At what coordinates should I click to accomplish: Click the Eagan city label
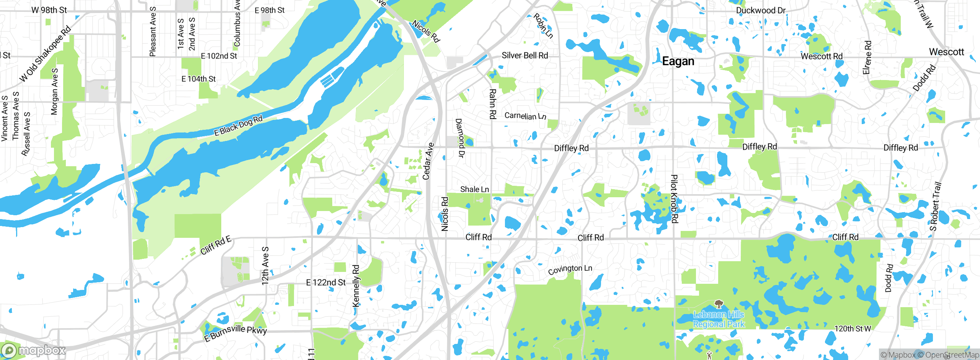click(678, 61)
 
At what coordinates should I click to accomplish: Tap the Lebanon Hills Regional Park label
click(719, 319)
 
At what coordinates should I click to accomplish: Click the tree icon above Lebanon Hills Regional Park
click(719, 304)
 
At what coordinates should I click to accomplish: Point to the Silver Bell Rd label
click(524, 56)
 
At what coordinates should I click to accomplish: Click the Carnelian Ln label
click(525, 116)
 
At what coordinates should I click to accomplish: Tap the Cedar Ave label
click(428, 161)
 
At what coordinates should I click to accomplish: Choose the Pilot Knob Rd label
click(674, 199)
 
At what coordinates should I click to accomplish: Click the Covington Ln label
click(570, 269)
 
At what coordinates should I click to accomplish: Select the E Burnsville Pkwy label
click(235, 332)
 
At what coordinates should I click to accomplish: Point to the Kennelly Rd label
click(356, 286)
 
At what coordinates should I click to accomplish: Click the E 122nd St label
click(325, 283)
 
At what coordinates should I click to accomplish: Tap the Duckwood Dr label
click(761, 10)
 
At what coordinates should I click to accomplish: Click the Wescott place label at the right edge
click(946, 52)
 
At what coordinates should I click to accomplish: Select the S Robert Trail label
click(935, 206)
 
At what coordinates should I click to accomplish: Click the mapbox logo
click(34, 350)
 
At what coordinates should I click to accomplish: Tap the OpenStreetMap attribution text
click(948, 355)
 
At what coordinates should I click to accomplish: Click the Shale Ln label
click(474, 189)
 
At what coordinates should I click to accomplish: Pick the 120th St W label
click(853, 329)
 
